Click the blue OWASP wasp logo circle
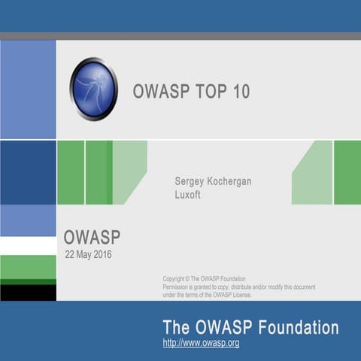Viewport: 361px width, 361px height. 94,89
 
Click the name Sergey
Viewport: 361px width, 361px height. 190,181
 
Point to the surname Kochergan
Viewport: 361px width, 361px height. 232,181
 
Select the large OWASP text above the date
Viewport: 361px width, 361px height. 92,238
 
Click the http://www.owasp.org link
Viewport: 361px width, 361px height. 201,343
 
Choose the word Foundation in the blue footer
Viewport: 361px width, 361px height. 299,327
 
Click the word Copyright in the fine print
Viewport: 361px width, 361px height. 177,279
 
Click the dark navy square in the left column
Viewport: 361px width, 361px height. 28,172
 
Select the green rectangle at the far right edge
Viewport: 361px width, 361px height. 347,172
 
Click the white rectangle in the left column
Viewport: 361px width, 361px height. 28,245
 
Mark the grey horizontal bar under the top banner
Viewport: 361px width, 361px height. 180,35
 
